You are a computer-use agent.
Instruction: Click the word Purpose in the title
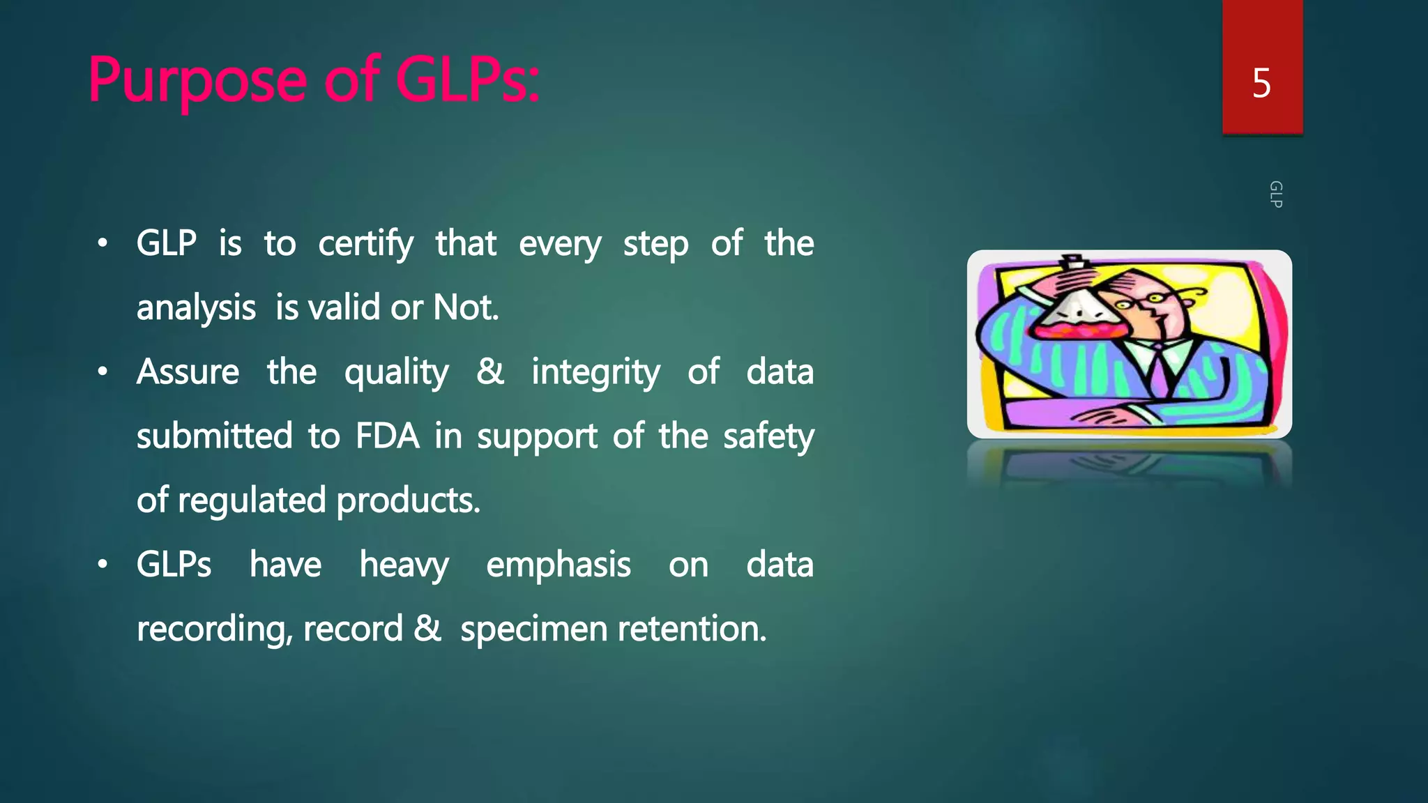tap(197, 81)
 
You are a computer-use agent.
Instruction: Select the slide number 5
tap(1261, 84)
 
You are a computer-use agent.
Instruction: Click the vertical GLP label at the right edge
tap(1275, 194)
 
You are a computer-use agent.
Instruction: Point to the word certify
tap(365, 244)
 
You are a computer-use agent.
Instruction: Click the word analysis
tap(196, 308)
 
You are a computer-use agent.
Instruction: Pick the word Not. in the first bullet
tap(466, 307)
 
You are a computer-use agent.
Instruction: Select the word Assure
tap(188, 372)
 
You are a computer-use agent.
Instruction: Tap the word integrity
tap(595, 372)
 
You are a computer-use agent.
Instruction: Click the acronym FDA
tap(387, 436)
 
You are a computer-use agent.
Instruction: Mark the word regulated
tap(252, 500)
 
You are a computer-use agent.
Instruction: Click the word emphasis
tap(558, 565)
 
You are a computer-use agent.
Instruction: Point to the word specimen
tap(533, 629)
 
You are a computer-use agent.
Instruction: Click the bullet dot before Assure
tap(102, 372)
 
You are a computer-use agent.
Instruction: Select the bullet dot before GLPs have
tap(102, 564)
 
